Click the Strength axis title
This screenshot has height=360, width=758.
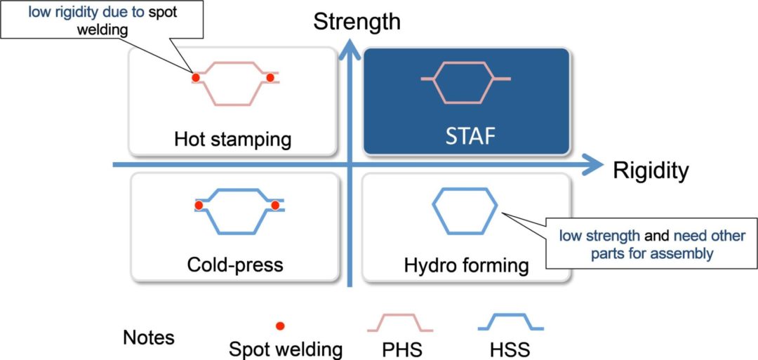coord(357,21)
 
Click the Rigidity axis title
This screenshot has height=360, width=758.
coord(650,171)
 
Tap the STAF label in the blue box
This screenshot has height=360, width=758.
coord(465,135)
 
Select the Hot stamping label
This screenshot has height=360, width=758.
coord(232,139)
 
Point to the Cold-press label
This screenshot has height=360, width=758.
coord(234,265)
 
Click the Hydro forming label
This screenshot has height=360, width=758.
coord(466,265)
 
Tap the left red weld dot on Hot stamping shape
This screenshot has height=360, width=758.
coord(196,77)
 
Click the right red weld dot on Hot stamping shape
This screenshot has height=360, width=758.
coord(269,77)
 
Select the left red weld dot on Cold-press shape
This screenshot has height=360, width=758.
coord(199,206)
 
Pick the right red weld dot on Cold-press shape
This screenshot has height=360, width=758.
coord(275,206)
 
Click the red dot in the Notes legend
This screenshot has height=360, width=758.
coord(280,326)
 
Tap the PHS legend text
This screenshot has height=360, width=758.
coord(402,348)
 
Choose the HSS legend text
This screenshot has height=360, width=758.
coord(510,348)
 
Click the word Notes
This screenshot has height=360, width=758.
coord(149,338)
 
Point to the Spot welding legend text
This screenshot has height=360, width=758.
coord(286,348)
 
